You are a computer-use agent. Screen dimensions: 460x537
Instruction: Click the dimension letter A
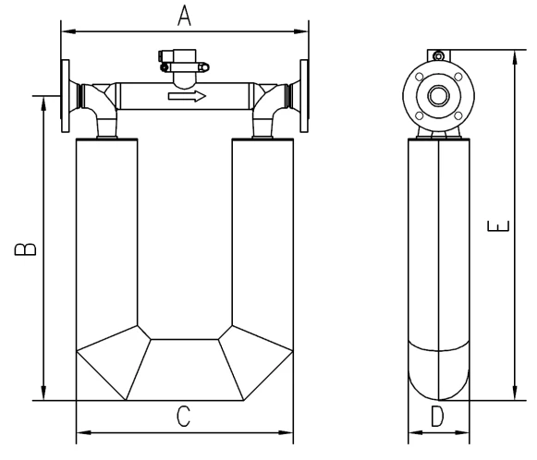(x=184, y=16)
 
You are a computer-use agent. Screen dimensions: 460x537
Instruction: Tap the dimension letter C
(x=183, y=417)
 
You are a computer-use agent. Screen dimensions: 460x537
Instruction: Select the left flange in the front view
(x=66, y=94)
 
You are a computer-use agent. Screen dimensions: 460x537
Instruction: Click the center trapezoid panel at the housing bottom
(x=184, y=369)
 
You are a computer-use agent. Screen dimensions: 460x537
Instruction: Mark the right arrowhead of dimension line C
(x=288, y=431)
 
